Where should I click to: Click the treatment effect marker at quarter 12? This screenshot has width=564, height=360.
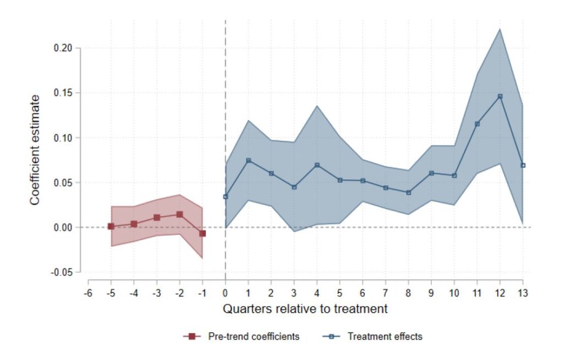click(500, 96)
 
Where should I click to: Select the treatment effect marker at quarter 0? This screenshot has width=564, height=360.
click(225, 197)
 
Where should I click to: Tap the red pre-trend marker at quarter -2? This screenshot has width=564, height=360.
click(180, 214)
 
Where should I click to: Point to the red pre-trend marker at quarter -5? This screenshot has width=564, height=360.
click(111, 226)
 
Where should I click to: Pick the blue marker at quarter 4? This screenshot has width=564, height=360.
click(317, 165)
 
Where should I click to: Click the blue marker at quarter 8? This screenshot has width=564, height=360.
click(409, 193)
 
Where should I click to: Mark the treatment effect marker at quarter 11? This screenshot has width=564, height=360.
click(477, 124)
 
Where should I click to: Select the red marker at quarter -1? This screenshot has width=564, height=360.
click(202, 233)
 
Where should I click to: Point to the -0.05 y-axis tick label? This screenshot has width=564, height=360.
click(62, 272)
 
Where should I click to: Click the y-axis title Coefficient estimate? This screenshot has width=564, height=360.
click(35, 150)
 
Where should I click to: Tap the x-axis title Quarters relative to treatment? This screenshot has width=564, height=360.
click(305, 309)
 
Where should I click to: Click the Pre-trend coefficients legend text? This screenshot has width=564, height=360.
click(254, 336)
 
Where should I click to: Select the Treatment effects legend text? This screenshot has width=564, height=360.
click(385, 336)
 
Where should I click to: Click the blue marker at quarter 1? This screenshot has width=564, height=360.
click(248, 161)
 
